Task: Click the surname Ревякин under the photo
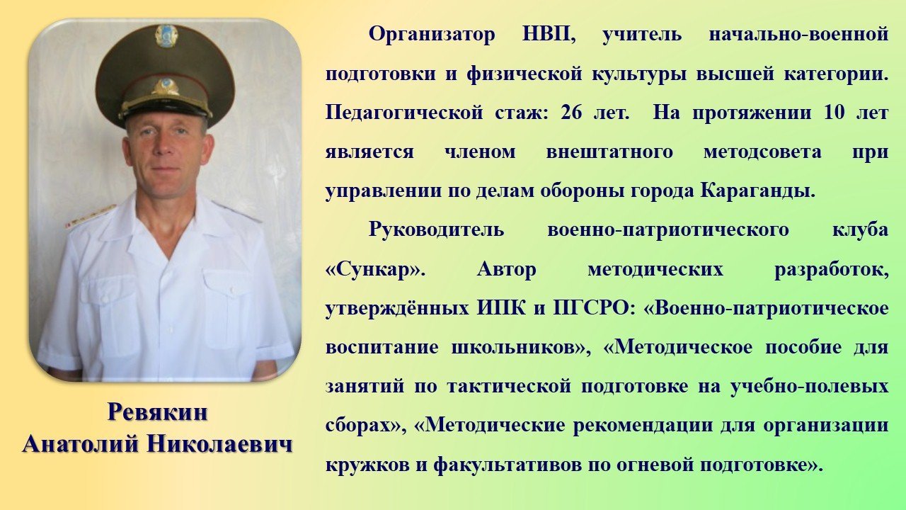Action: pyautogui.click(x=157, y=413)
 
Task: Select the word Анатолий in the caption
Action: pyautogui.click(x=80, y=445)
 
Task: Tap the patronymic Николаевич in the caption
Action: pyautogui.click(x=219, y=445)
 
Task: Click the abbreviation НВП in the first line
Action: pyautogui.click(x=549, y=34)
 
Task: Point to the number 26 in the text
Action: pyautogui.click(x=571, y=113)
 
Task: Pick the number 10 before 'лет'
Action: pyautogui.click(x=834, y=113)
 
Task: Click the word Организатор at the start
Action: pyautogui.click(x=432, y=35)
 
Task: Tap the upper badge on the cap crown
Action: pyautogui.click(x=166, y=35)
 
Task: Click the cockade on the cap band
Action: pyautogui.click(x=165, y=86)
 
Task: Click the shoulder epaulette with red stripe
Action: pyautogui.click(x=90, y=216)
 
